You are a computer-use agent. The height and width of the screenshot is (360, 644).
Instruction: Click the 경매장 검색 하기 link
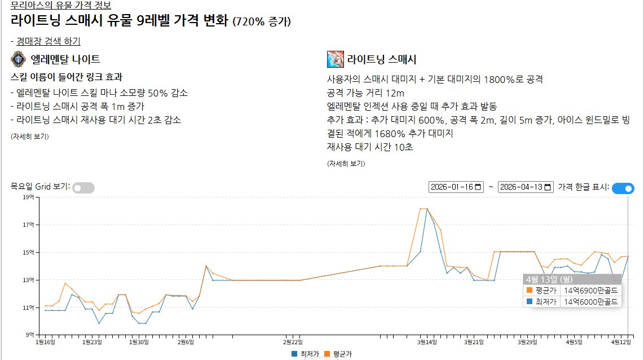point(48,41)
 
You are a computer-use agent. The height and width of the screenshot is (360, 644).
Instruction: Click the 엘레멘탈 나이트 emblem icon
point(19,59)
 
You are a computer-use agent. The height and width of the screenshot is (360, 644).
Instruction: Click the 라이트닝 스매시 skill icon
point(335,59)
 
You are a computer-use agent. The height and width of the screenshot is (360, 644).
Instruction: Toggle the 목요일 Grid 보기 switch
point(83,188)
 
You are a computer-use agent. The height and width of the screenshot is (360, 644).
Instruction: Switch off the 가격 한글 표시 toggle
point(623,188)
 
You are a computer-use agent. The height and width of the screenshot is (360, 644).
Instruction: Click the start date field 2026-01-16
point(456,187)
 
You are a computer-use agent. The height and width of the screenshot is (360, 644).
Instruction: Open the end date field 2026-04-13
point(526,187)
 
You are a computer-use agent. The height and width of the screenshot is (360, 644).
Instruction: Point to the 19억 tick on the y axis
point(29,197)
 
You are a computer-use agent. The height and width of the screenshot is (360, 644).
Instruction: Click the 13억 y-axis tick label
point(29,280)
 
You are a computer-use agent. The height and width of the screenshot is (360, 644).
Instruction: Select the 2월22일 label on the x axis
point(293,342)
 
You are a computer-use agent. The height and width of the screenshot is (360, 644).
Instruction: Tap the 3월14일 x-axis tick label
point(427,342)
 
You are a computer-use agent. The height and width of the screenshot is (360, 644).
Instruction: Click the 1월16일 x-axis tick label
point(45,342)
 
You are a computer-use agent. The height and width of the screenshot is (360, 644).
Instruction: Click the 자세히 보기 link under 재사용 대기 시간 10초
point(346,164)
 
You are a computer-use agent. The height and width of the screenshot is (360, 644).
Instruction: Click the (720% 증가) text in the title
point(262,23)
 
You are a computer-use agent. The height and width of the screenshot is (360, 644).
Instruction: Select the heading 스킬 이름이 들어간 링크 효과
point(67,77)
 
